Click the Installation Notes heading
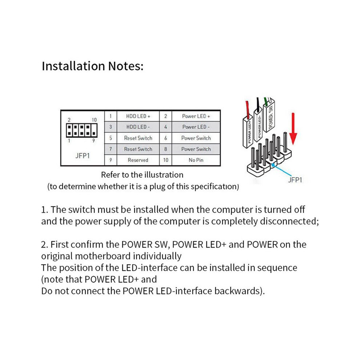pyautogui.click(x=92, y=66)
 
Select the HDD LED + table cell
pyautogui.click(x=138, y=116)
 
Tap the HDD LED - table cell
pyautogui.click(x=138, y=127)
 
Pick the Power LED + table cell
pyautogui.click(x=196, y=116)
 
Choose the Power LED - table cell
pyautogui.click(x=196, y=127)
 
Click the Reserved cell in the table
pyautogui.click(x=138, y=160)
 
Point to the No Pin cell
pyautogui.click(x=196, y=160)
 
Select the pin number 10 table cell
pyautogui.click(x=165, y=160)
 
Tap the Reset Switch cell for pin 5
pyautogui.click(x=138, y=138)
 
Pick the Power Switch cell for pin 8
pyautogui.click(x=196, y=149)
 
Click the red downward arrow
pyautogui.click(x=293, y=129)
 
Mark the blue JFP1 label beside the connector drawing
pyautogui.click(x=295, y=180)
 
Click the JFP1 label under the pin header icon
pyautogui.click(x=83, y=156)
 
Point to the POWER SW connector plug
pyautogui.click(x=269, y=116)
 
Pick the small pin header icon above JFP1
pyautogui.click(x=82, y=130)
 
